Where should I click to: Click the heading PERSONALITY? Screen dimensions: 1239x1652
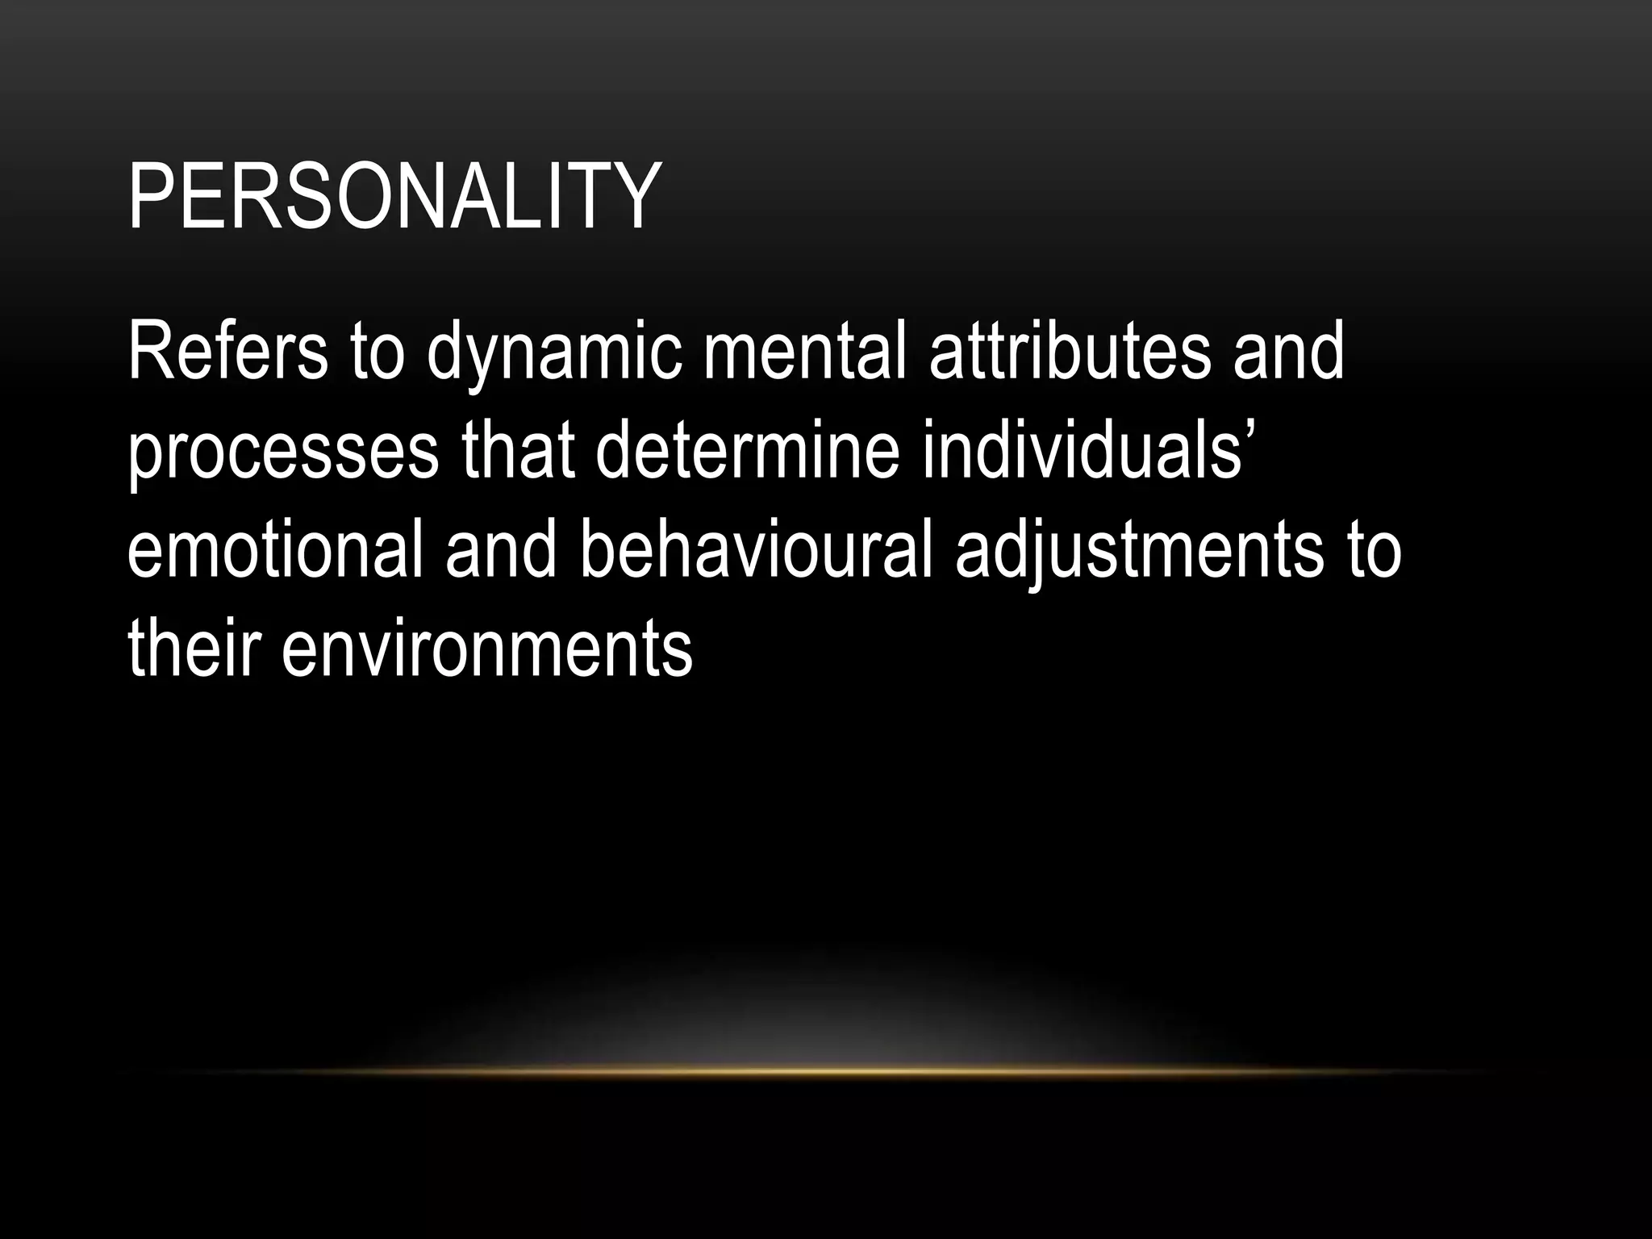(x=394, y=197)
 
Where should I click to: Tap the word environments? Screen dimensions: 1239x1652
(x=486, y=649)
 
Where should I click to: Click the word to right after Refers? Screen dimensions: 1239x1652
(x=377, y=353)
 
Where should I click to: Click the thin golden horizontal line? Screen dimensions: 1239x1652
(x=826, y=1071)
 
